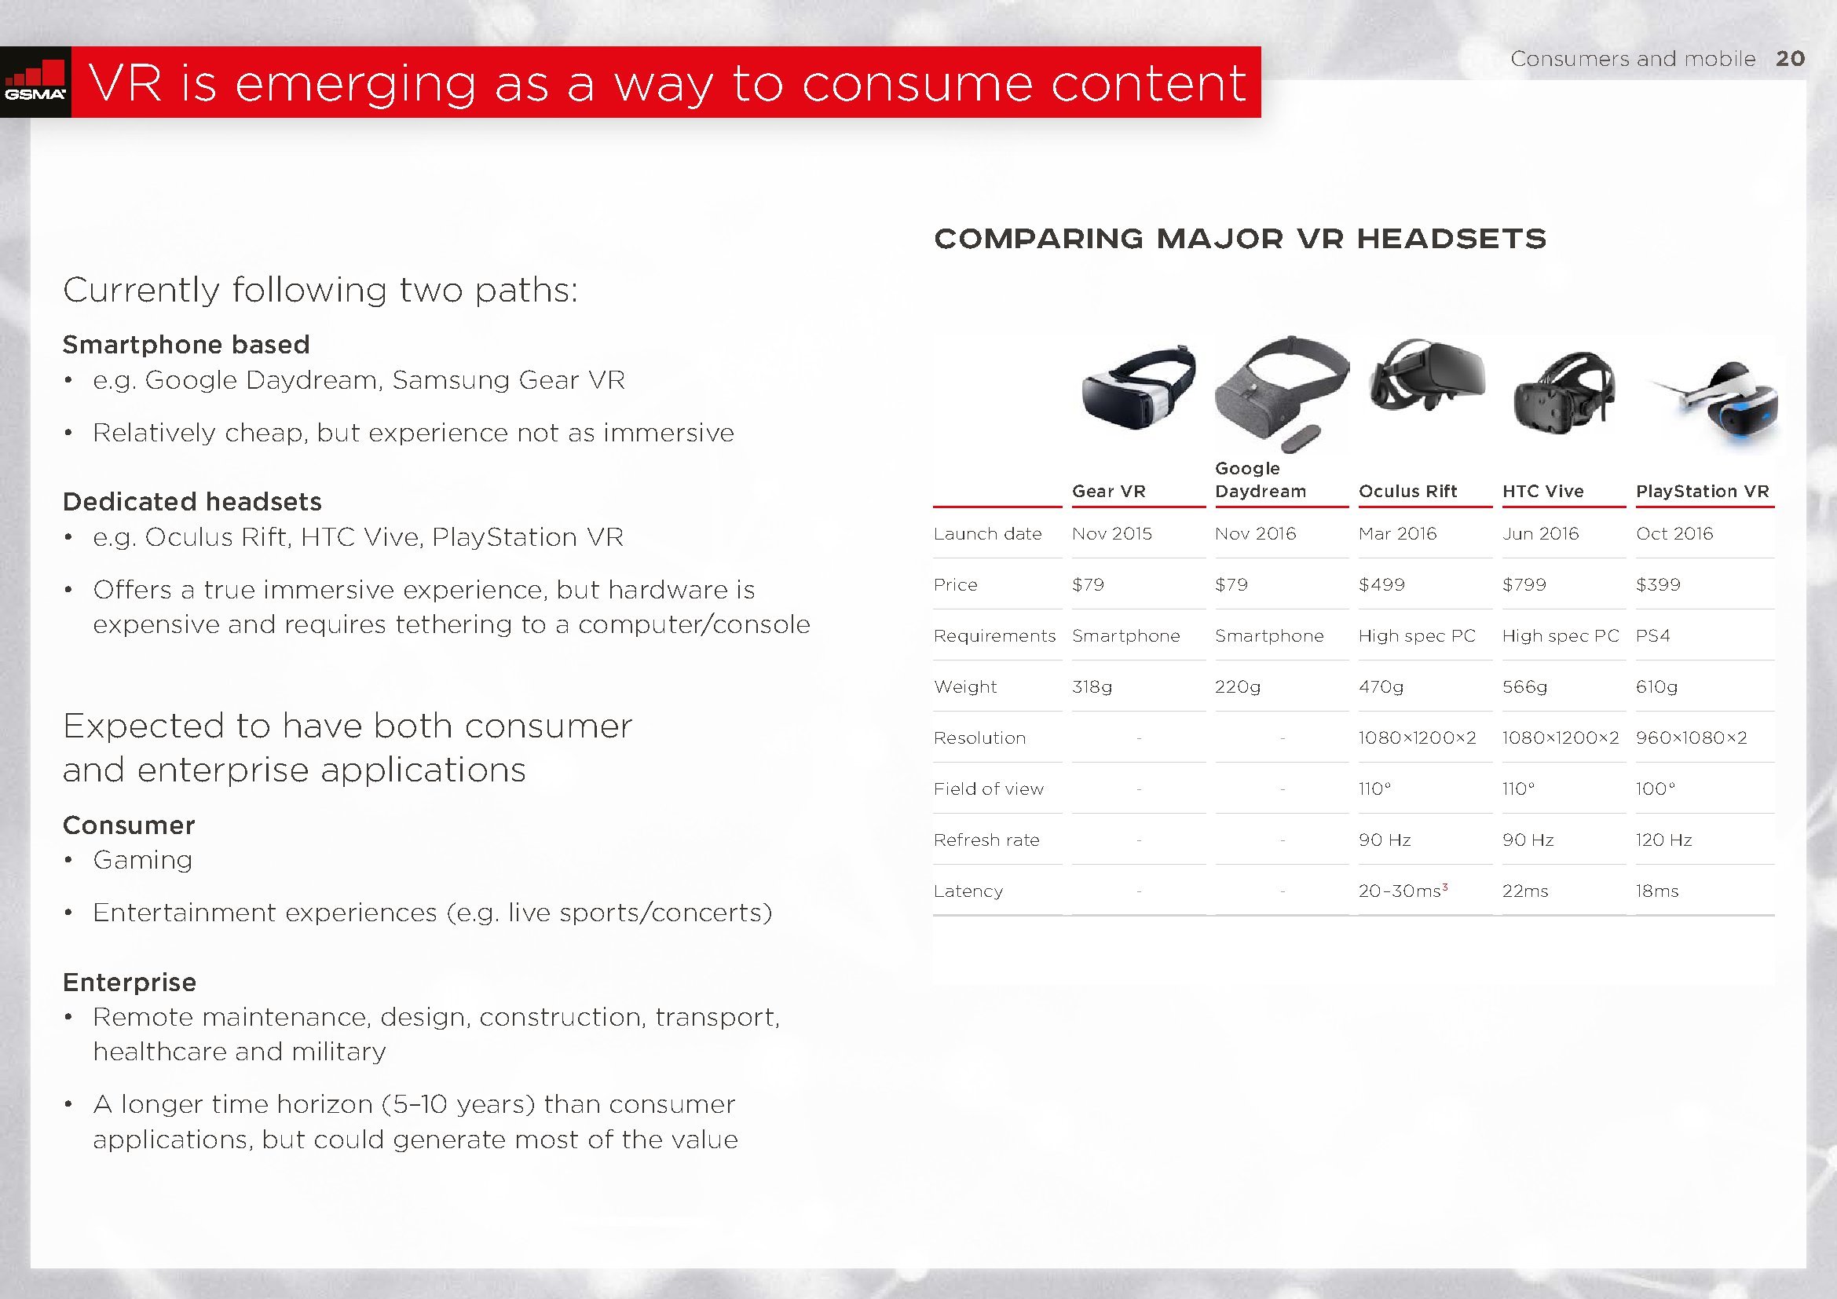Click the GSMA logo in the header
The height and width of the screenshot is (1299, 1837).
35,82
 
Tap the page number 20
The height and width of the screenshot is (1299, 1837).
1791,58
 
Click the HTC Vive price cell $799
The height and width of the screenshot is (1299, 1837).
1524,585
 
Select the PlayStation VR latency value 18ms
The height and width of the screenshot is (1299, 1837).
1657,891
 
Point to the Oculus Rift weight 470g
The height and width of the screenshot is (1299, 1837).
1381,687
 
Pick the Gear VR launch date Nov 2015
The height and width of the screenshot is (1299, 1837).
1111,533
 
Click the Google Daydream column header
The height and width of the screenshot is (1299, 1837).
1260,480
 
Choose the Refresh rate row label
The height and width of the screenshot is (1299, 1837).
986,840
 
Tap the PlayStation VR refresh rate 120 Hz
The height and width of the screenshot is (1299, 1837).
1663,840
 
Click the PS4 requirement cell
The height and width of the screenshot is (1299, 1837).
1653,636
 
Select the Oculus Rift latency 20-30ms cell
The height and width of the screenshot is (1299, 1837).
1403,891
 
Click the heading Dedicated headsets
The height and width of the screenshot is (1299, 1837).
192,502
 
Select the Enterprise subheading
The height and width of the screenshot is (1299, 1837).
130,982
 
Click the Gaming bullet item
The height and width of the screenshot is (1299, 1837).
142,860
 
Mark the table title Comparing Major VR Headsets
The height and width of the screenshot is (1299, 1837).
1240,239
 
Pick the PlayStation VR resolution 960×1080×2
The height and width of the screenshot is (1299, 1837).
1692,737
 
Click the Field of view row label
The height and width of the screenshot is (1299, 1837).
988,789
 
